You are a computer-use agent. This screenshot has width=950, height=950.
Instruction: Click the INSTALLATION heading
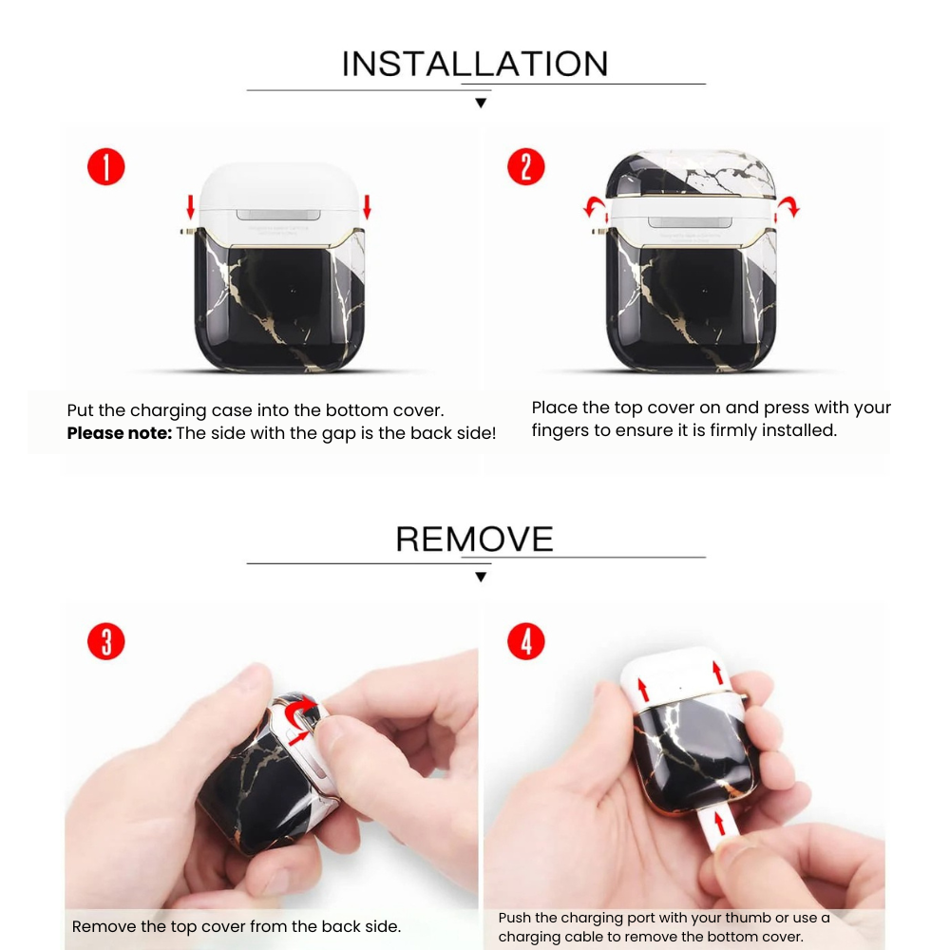tap(475, 64)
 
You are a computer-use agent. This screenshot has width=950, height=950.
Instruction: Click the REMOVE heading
tap(474, 539)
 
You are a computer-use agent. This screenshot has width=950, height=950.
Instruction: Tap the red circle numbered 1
tap(105, 167)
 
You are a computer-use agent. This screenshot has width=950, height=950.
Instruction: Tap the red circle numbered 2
tap(525, 167)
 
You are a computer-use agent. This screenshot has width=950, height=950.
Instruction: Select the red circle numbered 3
tap(105, 641)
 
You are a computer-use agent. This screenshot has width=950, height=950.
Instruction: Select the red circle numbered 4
tap(525, 641)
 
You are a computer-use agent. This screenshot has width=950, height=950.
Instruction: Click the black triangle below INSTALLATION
tap(481, 103)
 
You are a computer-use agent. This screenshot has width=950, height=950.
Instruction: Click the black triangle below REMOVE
tap(481, 577)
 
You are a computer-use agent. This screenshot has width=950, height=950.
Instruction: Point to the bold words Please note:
tap(119, 433)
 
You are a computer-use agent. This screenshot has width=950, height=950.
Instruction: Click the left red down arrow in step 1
tap(190, 205)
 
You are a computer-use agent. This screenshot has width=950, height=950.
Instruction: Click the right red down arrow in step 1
tap(367, 205)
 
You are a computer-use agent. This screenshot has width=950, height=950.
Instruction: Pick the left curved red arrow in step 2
tap(595, 206)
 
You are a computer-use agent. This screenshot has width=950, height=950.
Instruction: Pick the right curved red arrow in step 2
tap(788, 205)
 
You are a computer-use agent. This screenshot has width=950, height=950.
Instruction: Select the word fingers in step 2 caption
tap(560, 430)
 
